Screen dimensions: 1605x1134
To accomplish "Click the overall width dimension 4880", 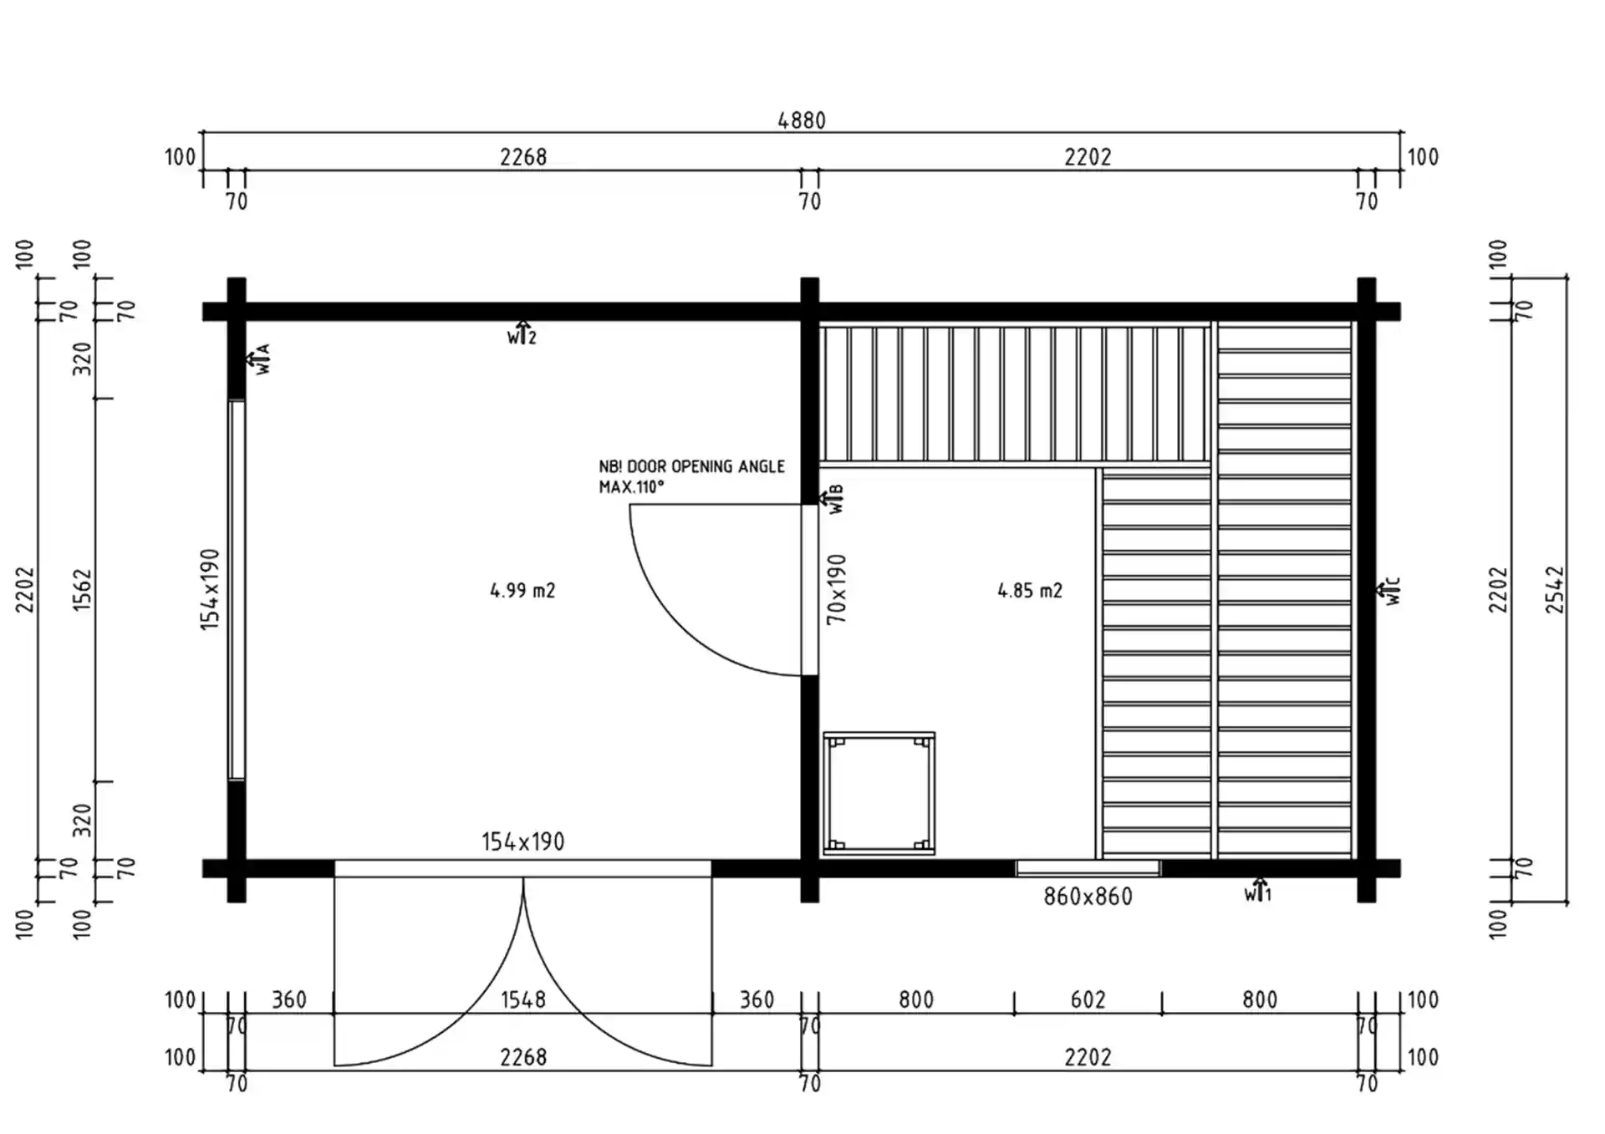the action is click(802, 120).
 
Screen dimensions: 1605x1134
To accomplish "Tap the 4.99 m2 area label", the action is click(522, 591).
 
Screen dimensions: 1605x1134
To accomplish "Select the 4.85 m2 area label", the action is click(1030, 591).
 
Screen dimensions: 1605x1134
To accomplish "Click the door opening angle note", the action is click(691, 476).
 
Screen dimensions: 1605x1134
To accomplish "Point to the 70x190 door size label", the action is click(837, 589).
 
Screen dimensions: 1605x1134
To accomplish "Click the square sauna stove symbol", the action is click(879, 794).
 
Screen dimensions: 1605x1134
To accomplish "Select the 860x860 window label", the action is click(1088, 897).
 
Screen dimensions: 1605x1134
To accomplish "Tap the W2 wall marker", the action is click(522, 333).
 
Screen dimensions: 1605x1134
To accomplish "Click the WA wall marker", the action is click(258, 359).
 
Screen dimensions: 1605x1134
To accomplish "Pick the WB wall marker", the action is click(833, 500).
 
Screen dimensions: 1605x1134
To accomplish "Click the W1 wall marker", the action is click(1258, 891).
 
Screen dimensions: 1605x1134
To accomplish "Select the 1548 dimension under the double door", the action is click(522, 999).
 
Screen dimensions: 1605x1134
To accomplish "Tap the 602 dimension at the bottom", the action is click(1088, 999).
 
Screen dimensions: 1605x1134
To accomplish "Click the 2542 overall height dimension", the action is click(1555, 590).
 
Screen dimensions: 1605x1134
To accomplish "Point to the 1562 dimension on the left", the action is click(82, 590).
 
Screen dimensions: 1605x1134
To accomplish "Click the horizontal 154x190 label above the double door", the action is click(522, 842).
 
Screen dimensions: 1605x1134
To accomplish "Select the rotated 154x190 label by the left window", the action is click(210, 589).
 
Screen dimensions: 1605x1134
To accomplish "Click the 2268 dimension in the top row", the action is click(522, 157).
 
